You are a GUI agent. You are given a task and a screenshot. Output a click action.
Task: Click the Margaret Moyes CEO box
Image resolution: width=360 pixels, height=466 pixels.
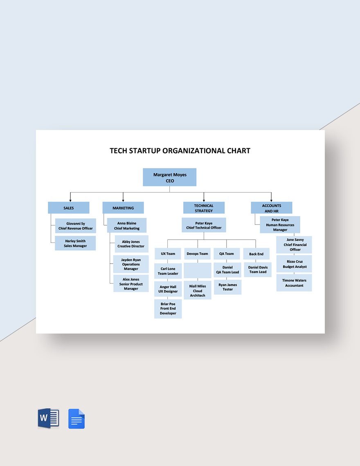[170, 177]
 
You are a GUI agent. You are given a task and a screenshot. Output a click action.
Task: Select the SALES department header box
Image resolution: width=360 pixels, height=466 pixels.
[68, 208]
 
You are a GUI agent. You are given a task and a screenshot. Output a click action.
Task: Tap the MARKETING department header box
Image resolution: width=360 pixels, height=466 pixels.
[123, 208]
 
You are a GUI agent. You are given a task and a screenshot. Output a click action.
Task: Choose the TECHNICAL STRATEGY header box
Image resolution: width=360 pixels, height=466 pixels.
[204, 208]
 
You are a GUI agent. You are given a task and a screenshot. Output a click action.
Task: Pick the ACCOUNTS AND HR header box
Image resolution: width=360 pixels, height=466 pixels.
[272, 208]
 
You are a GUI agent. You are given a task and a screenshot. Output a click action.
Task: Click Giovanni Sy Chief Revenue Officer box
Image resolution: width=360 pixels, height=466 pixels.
[75, 226]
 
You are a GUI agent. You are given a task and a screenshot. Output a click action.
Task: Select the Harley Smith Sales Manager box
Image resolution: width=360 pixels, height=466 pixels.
[75, 243]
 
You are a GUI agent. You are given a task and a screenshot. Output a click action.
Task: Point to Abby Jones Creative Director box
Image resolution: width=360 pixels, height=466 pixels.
[131, 244]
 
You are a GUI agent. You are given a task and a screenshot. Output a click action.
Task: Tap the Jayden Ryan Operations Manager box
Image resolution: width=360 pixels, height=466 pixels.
[131, 264]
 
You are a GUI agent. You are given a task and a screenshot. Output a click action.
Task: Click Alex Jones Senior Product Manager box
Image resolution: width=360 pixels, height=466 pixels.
[131, 284]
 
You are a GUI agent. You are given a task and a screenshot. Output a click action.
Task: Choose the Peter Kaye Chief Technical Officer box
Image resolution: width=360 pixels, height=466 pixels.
[204, 225]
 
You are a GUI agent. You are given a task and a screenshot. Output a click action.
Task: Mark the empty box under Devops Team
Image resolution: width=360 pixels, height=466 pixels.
[198, 271]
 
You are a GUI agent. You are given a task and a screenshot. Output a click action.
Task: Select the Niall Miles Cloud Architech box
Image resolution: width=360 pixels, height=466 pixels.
[198, 290]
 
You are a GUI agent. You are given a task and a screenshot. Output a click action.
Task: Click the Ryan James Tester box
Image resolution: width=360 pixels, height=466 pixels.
[227, 287]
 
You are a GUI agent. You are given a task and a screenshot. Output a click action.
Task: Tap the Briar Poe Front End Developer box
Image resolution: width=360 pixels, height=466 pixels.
[168, 309]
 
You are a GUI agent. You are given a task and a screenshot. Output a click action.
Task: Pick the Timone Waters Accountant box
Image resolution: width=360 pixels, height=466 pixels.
[294, 283]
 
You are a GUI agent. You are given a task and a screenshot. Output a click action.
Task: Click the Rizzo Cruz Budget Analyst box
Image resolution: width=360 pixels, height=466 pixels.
[294, 264]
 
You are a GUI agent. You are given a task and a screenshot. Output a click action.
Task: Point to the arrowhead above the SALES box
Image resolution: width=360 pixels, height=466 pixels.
[70, 199]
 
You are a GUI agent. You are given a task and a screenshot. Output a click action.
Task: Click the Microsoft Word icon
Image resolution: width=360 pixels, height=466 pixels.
[48, 419]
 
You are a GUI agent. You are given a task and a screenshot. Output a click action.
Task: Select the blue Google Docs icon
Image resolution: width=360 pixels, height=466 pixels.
[76, 419]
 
